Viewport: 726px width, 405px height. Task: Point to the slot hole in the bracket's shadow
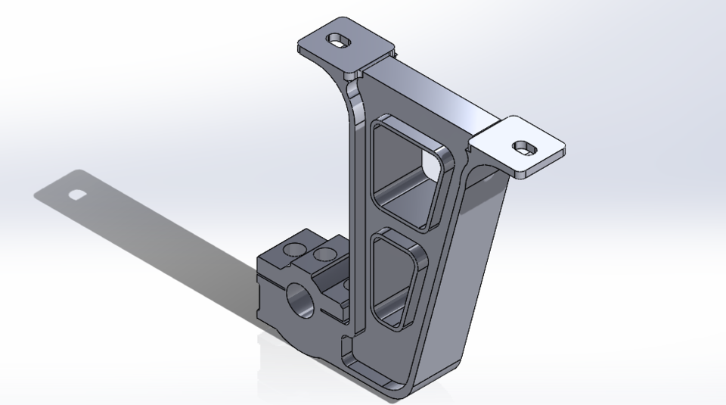click(x=77, y=195)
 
